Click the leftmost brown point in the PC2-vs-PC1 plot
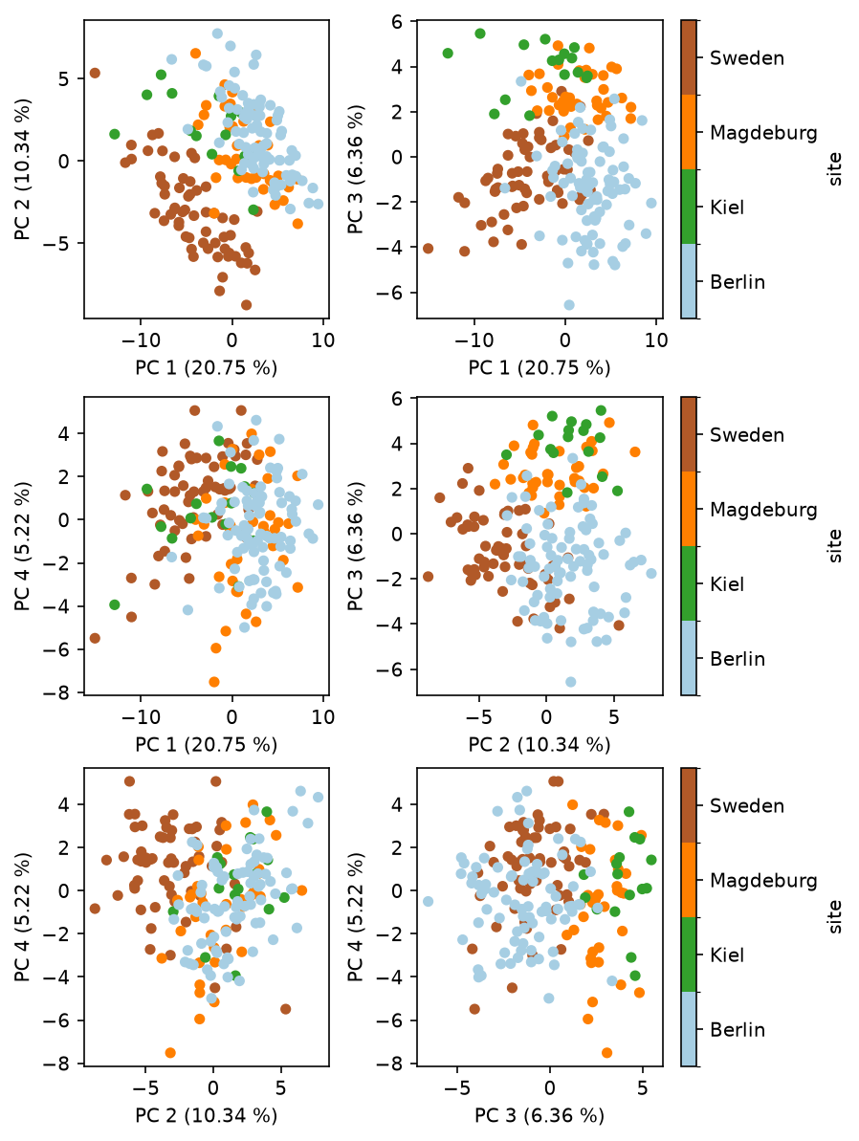(x=95, y=73)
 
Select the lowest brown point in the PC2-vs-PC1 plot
(x=246, y=305)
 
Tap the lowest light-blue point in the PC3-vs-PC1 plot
(x=569, y=305)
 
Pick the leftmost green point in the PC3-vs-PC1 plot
(x=448, y=54)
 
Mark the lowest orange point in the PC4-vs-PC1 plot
(x=214, y=682)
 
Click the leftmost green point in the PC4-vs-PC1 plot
(x=114, y=604)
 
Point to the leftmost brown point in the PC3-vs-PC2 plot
(x=428, y=577)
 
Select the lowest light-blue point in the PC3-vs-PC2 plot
(x=571, y=682)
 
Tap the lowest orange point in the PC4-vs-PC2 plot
(x=170, y=1052)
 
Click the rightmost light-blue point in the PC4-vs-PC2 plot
(x=319, y=797)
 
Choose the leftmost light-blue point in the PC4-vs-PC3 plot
(x=428, y=902)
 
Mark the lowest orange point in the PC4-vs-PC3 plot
(x=606, y=1052)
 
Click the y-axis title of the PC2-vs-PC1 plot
(x=23, y=169)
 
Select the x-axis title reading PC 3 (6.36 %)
(x=540, y=1115)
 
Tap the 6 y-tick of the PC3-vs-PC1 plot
(x=397, y=22)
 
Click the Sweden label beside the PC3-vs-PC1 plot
(x=747, y=58)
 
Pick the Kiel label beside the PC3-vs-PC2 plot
(x=727, y=584)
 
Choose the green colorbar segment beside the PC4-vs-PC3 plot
(x=689, y=954)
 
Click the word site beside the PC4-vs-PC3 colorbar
(x=834, y=917)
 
